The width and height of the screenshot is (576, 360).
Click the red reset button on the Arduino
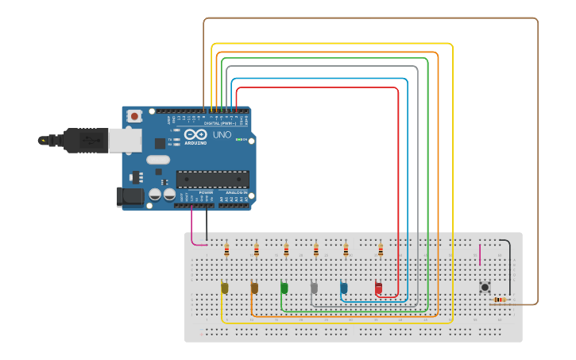(134, 116)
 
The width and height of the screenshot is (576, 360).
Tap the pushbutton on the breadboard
(485, 287)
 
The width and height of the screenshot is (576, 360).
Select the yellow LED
(225, 288)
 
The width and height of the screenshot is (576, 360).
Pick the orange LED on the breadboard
(254, 288)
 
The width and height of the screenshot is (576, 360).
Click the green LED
(284, 288)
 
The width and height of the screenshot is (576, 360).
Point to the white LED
(314, 288)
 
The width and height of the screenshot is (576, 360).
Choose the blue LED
(343, 288)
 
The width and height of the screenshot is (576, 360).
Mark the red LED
(378, 288)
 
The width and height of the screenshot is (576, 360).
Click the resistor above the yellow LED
(226, 250)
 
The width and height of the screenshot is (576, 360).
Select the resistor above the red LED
(381, 250)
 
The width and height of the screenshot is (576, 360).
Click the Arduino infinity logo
(196, 134)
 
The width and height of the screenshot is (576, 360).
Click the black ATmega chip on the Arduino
(212, 179)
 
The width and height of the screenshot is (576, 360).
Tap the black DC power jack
(130, 196)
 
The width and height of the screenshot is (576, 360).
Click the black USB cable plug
(87, 140)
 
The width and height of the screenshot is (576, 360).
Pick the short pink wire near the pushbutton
(480, 255)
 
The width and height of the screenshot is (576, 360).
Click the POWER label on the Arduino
(205, 192)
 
